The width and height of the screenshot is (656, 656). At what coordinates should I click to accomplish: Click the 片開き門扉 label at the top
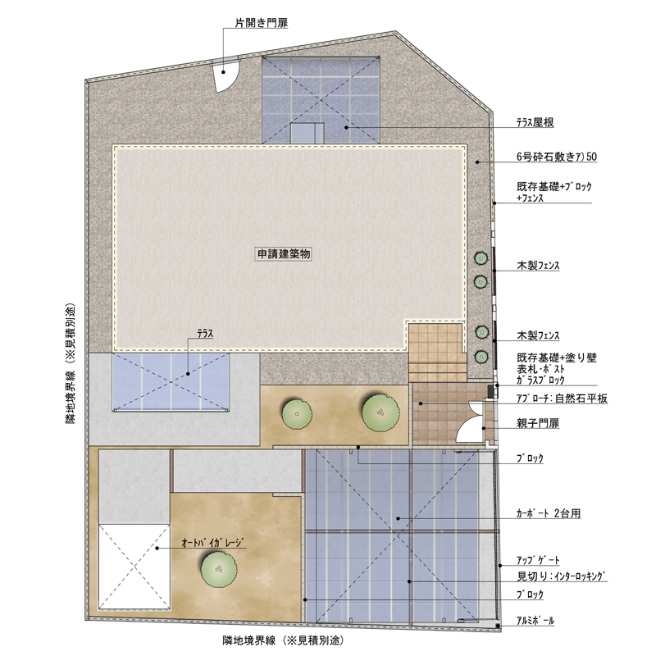(261, 23)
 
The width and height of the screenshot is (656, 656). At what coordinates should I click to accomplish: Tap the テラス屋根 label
(535, 122)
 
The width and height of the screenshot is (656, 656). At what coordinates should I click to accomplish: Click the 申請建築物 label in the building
(283, 254)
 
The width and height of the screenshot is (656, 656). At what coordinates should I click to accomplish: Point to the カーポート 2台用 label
(549, 513)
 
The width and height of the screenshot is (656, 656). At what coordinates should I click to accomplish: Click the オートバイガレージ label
(212, 543)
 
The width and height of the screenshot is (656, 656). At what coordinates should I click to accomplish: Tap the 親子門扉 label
(538, 423)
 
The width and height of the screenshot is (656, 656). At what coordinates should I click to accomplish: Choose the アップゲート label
(538, 560)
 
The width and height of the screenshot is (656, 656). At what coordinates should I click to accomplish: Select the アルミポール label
(535, 621)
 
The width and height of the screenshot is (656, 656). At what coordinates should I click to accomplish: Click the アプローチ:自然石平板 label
(562, 399)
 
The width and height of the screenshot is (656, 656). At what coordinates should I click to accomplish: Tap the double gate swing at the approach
(470, 421)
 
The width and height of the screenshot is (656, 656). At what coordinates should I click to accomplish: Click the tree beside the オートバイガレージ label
(219, 569)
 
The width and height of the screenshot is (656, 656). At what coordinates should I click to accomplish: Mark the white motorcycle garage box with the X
(134, 566)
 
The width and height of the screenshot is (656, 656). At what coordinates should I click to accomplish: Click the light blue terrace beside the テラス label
(171, 381)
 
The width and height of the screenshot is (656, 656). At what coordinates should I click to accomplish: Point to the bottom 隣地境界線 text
(283, 640)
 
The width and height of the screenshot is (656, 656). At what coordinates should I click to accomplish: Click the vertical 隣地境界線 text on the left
(71, 363)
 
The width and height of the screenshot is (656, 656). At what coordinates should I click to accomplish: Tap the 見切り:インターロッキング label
(562, 576)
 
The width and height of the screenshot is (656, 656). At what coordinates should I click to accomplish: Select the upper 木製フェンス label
(538, 265)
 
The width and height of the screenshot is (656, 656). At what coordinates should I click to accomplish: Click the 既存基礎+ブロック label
(554, 187)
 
